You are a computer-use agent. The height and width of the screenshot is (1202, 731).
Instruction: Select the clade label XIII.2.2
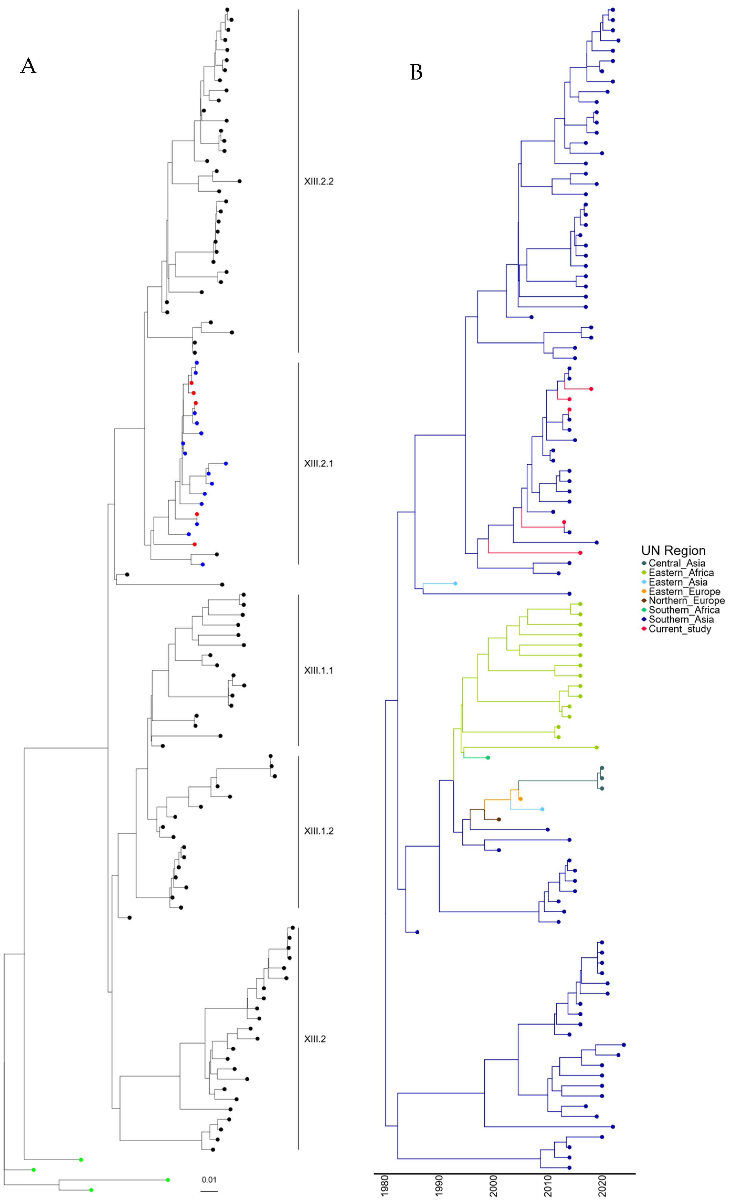[x=319, y=181]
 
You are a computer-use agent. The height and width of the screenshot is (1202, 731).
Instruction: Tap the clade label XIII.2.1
[x=319, y=463]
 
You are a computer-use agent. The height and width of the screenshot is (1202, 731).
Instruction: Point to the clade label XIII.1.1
[x=319, y=670]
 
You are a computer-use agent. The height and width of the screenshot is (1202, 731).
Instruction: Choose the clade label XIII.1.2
[x=319, y=831]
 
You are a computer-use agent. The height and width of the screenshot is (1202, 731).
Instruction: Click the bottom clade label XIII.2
[x=315, y=1039]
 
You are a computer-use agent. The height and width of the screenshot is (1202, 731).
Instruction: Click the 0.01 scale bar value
[x=209, y=1180]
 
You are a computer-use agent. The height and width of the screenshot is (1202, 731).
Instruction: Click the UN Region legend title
[x=673, y=551]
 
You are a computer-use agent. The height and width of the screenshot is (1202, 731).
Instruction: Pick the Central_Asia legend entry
[x=676, y=563]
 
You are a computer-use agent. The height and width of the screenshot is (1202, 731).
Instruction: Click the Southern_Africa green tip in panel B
[x=488, y=758]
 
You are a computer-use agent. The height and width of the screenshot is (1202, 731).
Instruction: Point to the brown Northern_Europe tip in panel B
[x=498, y=820]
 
